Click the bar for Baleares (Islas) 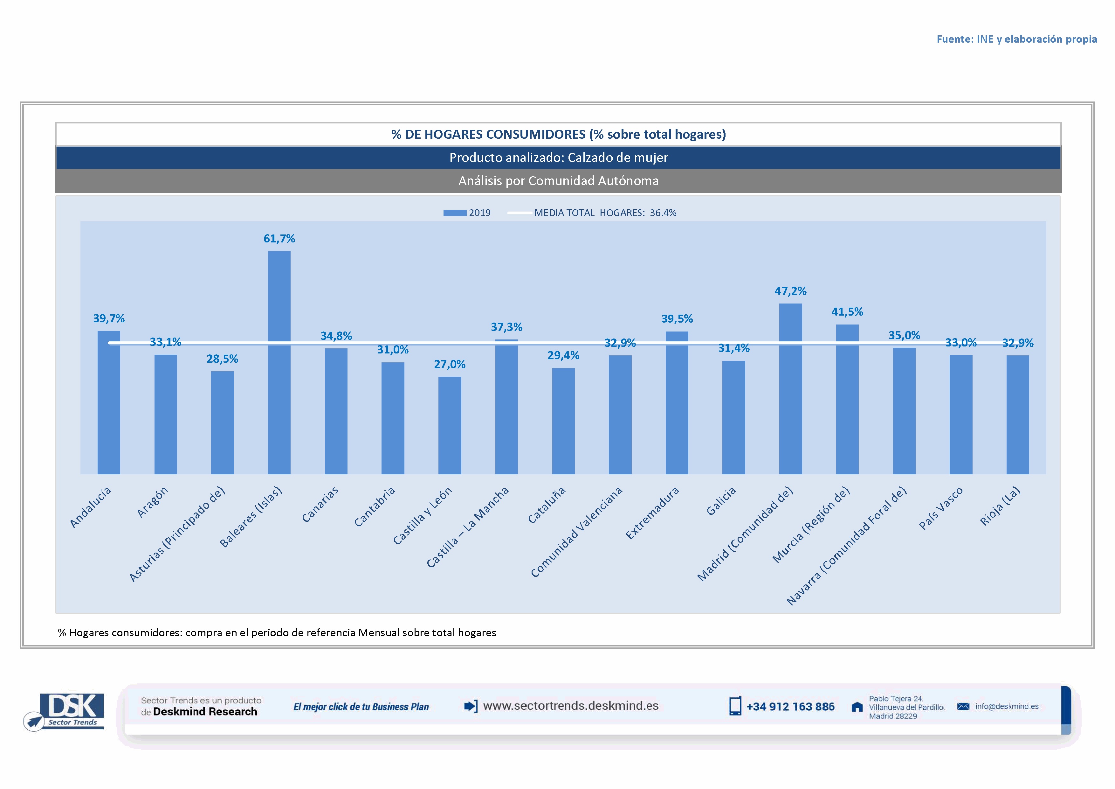click(x=279, y=362)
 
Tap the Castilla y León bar click(x=450, y=425)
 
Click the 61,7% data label click(x=279, y=239)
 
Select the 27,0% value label click(x=450, y=364)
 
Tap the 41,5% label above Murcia click(x=847, y=312)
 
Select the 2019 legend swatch click(x=455, y=213)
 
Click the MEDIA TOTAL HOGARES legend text click(x=605, y=213)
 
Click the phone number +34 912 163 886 click(x=790, y=706)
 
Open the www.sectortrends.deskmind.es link click(x=571, y=706)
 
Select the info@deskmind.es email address click(x=1007, y=706)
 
